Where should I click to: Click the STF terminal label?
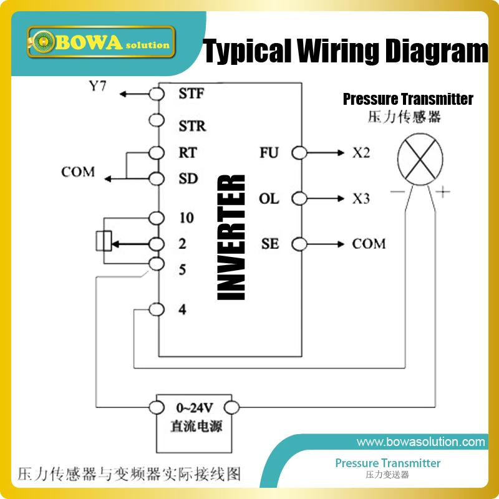191,94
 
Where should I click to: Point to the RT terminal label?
187,152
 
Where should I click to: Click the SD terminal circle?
157,179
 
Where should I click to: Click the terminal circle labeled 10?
157,218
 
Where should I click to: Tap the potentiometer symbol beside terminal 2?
105,241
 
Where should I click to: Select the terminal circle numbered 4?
157,309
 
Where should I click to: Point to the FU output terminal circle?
299,152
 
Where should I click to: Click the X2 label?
361,152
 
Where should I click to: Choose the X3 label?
361,199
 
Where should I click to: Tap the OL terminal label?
269,199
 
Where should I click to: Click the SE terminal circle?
299,243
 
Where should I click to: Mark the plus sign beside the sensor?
442,192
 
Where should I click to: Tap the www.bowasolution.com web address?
420,442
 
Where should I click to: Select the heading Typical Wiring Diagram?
346,52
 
